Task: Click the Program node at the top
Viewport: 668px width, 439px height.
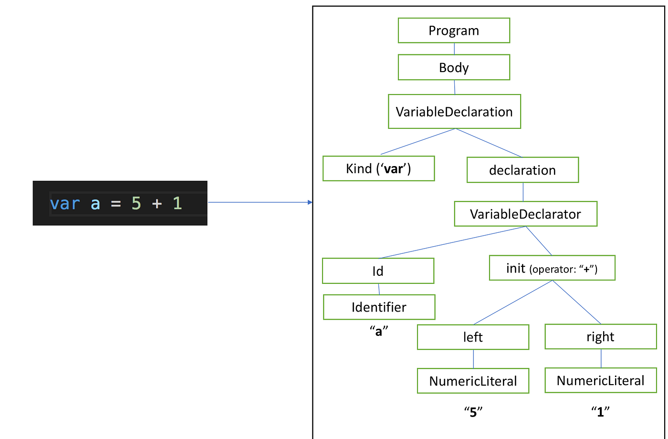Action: pos(454,31)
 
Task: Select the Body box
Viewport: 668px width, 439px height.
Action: pos(454,67)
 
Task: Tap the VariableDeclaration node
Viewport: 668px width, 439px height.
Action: pos(454,112)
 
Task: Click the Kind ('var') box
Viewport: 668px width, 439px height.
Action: pos(378,168)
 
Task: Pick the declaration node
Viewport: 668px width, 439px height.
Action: pos(522,170)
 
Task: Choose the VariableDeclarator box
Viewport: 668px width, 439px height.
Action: pos(525,214)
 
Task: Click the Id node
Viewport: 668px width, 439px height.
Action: pos(378,271)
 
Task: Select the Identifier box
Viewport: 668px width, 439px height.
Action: pos(379,307)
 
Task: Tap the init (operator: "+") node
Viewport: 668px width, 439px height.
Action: pos(552,268)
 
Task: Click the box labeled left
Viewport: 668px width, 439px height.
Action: pos(473,337)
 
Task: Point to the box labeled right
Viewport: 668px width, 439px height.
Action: pos(600,336)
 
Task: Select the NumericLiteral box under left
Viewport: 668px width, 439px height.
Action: pos(473,381)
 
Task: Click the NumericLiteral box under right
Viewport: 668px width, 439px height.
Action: pos(600,380)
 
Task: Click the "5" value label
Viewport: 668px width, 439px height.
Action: pos(473,412)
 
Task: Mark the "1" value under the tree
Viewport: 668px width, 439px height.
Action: pos(600,411)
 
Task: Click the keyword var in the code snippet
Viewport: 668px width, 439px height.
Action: pos(65,204)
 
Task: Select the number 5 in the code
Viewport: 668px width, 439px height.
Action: pos(136,204)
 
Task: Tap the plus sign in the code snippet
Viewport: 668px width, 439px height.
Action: pos(157,204)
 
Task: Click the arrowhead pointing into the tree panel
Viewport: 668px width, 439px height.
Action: pos(310,202)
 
